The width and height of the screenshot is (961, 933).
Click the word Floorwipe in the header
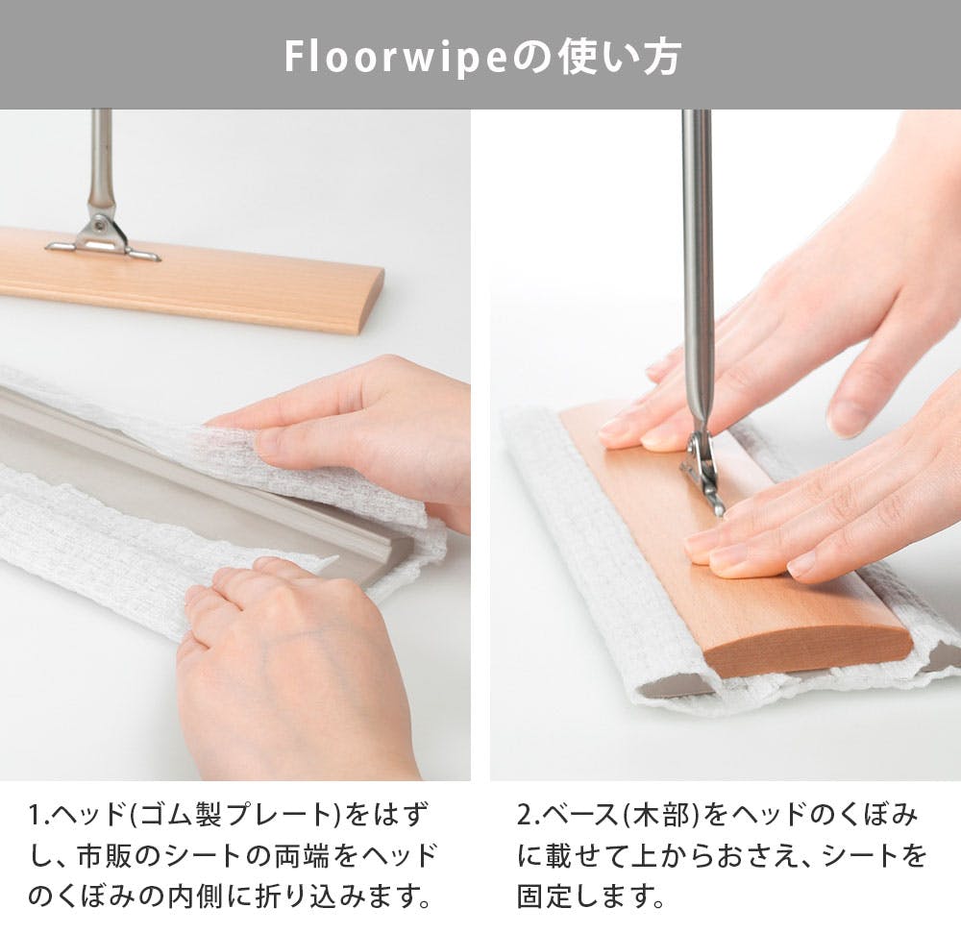[396, 58]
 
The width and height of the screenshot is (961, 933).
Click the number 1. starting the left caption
[38, 816]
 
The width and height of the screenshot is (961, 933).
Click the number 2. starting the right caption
[530, 816]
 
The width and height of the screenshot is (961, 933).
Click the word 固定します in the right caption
[591, 896]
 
